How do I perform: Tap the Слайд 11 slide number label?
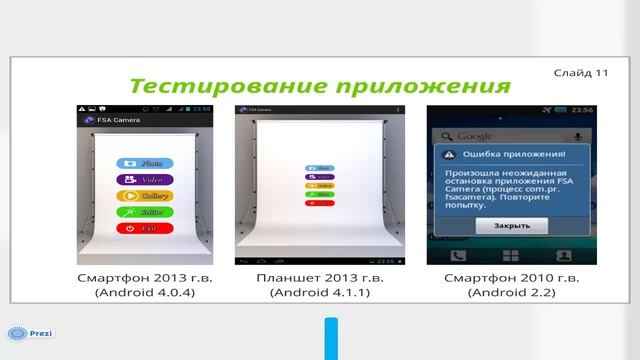[x=581, y=73]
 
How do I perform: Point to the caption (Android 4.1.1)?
[x=320, y=292]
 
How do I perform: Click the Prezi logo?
[x=31, y=333]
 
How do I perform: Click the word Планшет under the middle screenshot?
[x=283, y=276]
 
